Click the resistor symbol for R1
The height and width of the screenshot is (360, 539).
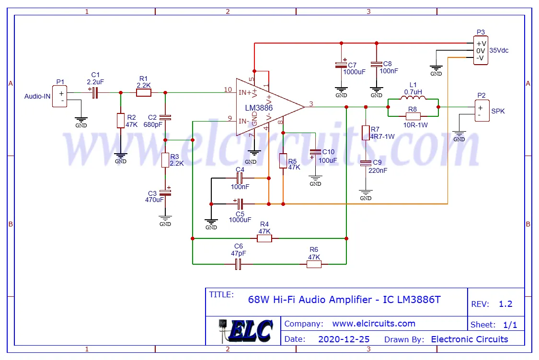(x=144, y=92)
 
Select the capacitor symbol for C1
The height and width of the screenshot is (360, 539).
(x=95, y=92)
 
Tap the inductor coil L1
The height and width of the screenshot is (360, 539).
(x=413, y=99)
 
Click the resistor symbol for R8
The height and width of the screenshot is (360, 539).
(x=413, y=116)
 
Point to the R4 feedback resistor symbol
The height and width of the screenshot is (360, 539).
(x=264, y=238)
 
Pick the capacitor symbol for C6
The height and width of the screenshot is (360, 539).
(x=238, y=264)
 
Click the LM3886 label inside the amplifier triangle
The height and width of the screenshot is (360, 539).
(x=259, y=108)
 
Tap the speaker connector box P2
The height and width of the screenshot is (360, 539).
(x=482, y=111)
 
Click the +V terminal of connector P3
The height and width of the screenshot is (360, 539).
(x=481, y=43)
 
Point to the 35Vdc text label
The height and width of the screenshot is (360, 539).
(x=499, y=50)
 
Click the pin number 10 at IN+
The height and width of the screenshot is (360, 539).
(x=228, y=90)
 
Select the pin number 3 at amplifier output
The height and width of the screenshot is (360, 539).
(x=311, y=103)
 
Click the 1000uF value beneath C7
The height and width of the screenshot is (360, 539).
(x=354, y=72)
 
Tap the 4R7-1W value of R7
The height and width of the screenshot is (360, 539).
(x=382, y=136)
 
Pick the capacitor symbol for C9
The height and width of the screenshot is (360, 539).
(x=366, y=163)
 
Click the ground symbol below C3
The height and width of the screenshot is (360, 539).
(x=165, y=218)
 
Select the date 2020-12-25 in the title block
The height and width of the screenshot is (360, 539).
(x=344, y=339)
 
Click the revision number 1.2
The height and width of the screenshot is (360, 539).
(x=505, y=304)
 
